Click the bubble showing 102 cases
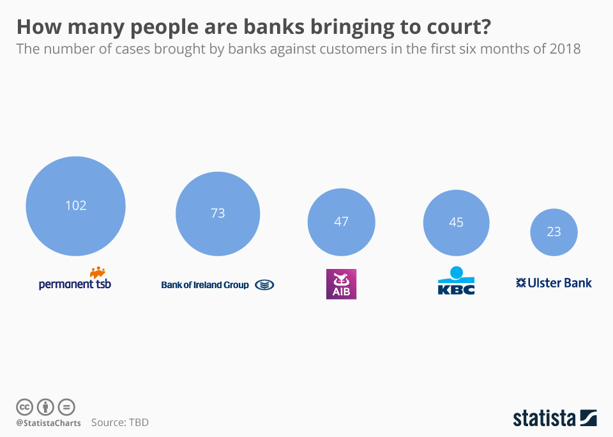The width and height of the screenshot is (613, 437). coord(75,206)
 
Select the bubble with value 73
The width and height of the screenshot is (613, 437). coord(218,213)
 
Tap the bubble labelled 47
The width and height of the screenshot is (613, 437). coord(341,222)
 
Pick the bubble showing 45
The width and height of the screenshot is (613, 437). coord(456,222)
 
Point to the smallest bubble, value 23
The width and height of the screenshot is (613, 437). coord(554,232)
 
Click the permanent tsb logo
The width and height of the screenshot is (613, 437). coord(75,280)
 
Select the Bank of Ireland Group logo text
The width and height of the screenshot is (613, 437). coord(205,285)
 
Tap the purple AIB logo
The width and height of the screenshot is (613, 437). coord(341,284)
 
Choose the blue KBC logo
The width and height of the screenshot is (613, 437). coord(456,281)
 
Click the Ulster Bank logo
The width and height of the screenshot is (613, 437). coord(554,282)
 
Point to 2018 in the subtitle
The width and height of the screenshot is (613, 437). coord(564,49)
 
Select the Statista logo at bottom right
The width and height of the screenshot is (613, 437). coord(554,418)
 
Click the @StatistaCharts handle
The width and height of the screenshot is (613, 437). coord(49,423)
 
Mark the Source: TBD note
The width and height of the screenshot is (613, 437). coord(120,422)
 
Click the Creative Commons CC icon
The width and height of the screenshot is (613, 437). coord(24,407)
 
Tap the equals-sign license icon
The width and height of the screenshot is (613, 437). coord(66,407)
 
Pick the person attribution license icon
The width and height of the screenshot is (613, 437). coord(45,407)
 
